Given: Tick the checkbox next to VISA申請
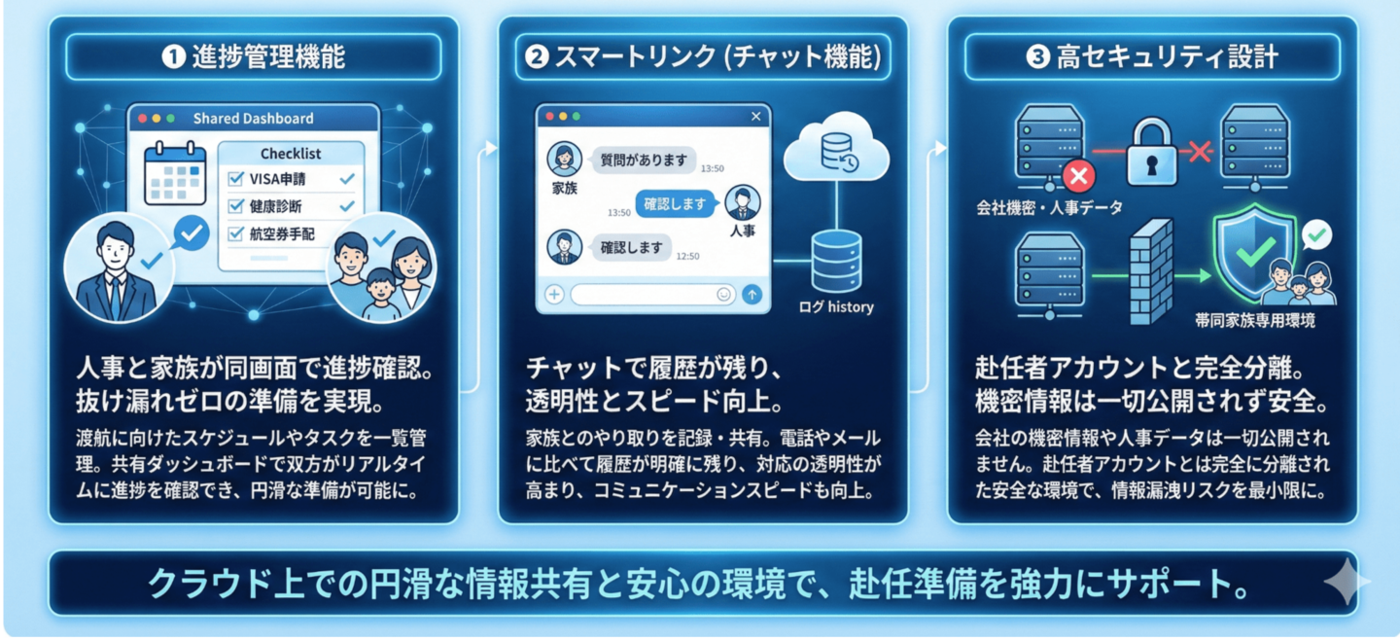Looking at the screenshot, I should (235, 180).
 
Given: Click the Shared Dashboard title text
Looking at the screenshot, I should (253, 119).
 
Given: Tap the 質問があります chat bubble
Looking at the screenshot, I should (643, 160).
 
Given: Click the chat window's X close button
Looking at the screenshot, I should (756, 117).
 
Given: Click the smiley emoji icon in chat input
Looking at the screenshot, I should (723, 294).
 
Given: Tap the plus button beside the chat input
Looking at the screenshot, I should (555, 294).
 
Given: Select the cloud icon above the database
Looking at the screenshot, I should (835, 150).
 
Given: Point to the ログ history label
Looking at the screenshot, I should (835, 307).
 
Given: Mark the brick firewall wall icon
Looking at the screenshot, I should (1155, 272).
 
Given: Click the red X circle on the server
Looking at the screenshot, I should (1079, 177).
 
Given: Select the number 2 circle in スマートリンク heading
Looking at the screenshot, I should (536, 57).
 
